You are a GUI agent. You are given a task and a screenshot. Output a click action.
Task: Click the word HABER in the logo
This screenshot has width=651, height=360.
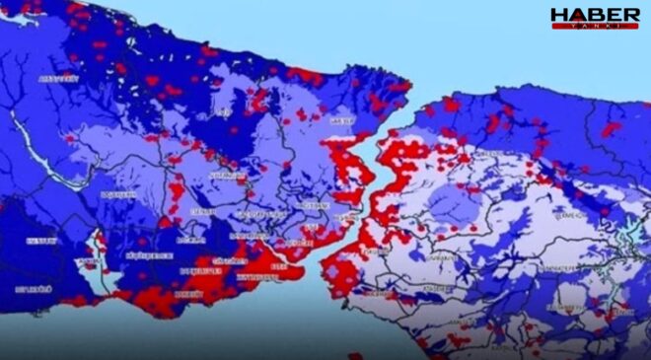click(595, 15)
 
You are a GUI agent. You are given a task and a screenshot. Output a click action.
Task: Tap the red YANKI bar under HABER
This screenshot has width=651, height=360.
click(595, 26)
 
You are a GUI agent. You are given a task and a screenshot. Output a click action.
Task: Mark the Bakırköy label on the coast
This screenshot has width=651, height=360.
click(277, 267)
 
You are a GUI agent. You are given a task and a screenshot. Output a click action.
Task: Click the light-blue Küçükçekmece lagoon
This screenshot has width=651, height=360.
click(99, 243)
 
